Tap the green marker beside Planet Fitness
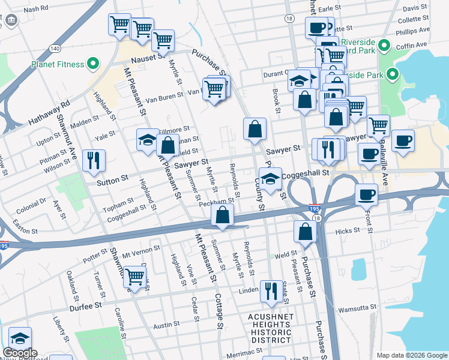[x=93, y=62]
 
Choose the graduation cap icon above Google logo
[x=20, y=337]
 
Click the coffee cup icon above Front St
[x=366, y=195]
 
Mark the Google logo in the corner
[x=20, y=353]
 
